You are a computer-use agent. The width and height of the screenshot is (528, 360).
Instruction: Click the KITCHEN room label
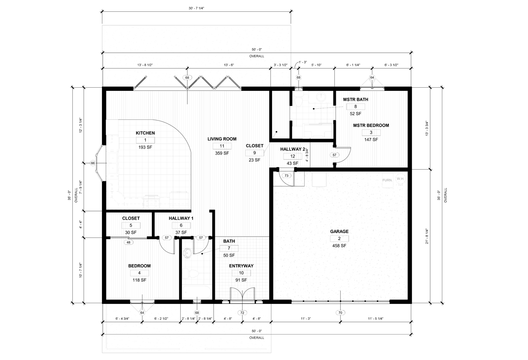[145, 133]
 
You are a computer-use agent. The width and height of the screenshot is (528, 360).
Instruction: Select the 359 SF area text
[222, 153]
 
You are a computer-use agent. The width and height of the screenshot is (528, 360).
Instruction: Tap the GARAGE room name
[339, 232]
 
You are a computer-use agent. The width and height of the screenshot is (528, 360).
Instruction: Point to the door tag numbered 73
[286, 175]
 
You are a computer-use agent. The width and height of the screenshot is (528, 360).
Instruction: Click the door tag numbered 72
[242, 313]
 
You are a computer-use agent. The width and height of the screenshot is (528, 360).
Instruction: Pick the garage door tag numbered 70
[340, 313]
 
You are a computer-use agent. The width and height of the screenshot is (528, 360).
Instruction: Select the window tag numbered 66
[93, 163]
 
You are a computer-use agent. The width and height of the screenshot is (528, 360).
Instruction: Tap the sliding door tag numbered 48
[128, 242]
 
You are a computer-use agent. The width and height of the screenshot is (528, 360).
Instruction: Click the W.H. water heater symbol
[400, 179]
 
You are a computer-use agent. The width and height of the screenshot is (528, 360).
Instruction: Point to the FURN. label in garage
[387, 180]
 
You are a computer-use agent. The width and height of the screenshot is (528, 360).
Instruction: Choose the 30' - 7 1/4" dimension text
[196, 8]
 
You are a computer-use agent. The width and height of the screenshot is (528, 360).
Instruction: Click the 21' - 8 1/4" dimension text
[427, 236]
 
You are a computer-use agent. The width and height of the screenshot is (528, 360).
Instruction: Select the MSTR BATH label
[355, 100]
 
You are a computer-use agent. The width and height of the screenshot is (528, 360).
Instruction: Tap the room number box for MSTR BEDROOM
[371, 132]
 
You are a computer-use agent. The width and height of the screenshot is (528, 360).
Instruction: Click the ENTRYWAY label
[241, 266]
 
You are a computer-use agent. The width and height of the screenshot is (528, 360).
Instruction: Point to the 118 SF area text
[139, 280]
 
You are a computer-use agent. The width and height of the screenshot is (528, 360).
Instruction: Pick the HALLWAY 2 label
[292, 149]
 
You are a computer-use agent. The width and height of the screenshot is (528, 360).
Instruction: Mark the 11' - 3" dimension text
[306, 319]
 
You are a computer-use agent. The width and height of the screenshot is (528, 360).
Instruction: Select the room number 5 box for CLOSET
[131, 226]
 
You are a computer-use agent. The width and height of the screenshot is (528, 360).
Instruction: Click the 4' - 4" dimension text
[80, 224]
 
